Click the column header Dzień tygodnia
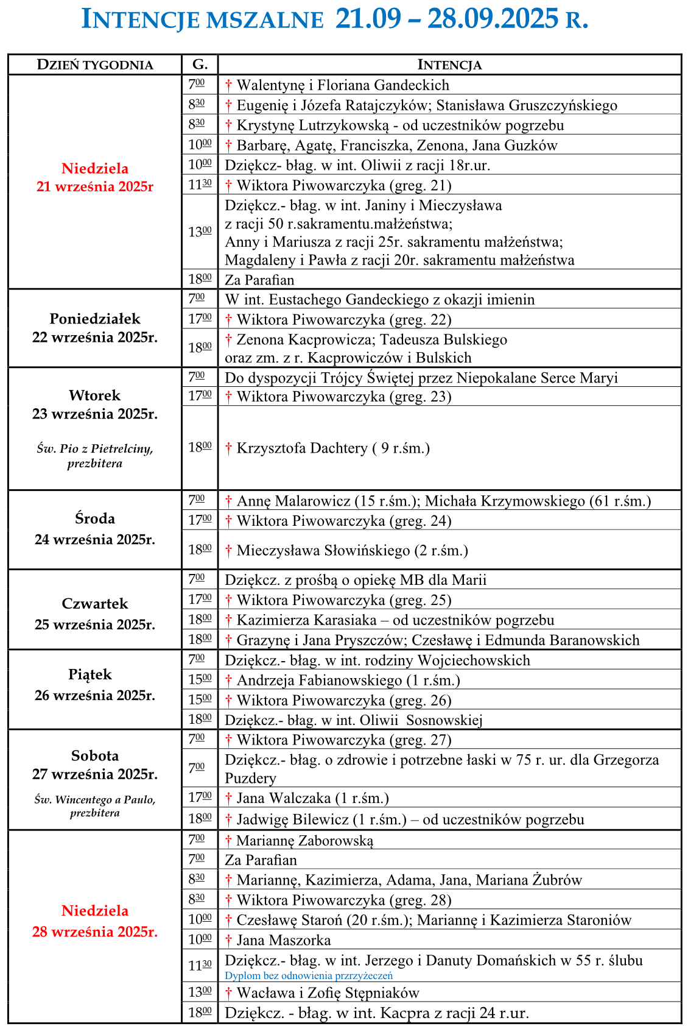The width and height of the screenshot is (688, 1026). point(95,65)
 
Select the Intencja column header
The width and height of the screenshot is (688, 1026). point(449,65)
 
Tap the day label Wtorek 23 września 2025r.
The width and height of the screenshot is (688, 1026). point(95,405)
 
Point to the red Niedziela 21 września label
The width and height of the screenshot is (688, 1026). point(95,177)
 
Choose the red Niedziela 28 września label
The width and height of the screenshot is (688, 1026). point(95,921)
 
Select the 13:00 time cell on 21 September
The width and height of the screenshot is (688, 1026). point(200,232)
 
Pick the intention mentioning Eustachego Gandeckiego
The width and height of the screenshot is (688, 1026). point(379,299)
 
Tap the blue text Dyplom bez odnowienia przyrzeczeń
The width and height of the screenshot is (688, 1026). point(309,975)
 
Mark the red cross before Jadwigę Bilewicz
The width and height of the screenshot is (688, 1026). point(229,819)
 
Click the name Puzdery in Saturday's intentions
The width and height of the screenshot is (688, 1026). point(250,778)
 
